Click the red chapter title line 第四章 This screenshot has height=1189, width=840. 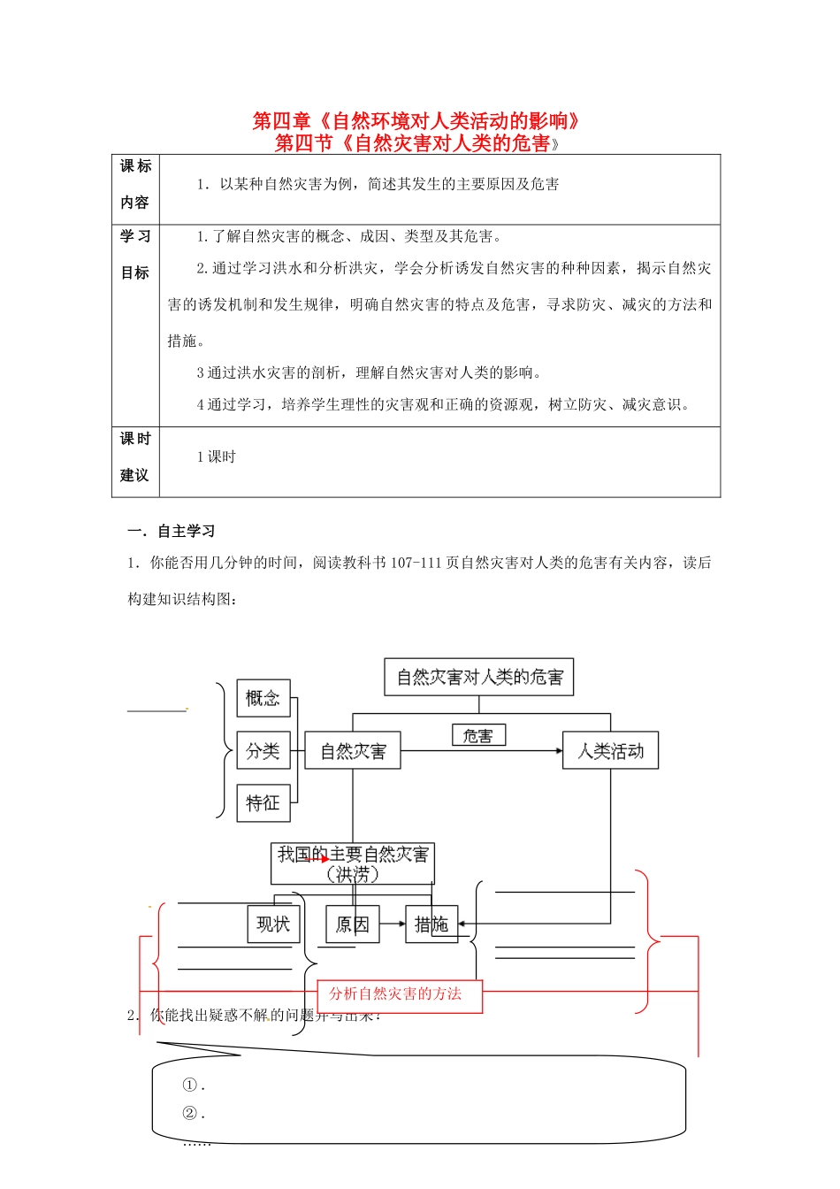pos(417,121)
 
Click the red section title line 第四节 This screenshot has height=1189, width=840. pos(417,142)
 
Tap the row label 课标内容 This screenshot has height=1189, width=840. pos(135,184)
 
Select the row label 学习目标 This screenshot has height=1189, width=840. pos(135,255)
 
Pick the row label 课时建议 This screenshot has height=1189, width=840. pos(135,456)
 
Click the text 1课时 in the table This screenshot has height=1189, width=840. pos(217,456)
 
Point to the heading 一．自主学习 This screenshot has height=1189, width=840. pos(172,531)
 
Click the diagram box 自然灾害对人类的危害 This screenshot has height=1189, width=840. pos(479,678)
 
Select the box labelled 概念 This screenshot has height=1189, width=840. pos(263,699)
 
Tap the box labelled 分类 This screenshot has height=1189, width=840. pos(263,751)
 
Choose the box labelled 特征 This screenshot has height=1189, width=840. pos(263,803)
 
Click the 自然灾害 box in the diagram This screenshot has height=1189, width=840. pos(353,751)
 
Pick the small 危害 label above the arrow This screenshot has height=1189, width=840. pos(478,735)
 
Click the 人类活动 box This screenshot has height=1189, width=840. pos(610,751)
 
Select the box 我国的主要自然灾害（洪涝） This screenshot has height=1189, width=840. pos(353,863)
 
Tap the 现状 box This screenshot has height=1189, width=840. pos(273,924)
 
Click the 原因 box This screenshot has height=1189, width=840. pos(352,924)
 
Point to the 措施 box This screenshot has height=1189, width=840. pos(431,924)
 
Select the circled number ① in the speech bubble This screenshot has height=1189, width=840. pos(189,1085)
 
